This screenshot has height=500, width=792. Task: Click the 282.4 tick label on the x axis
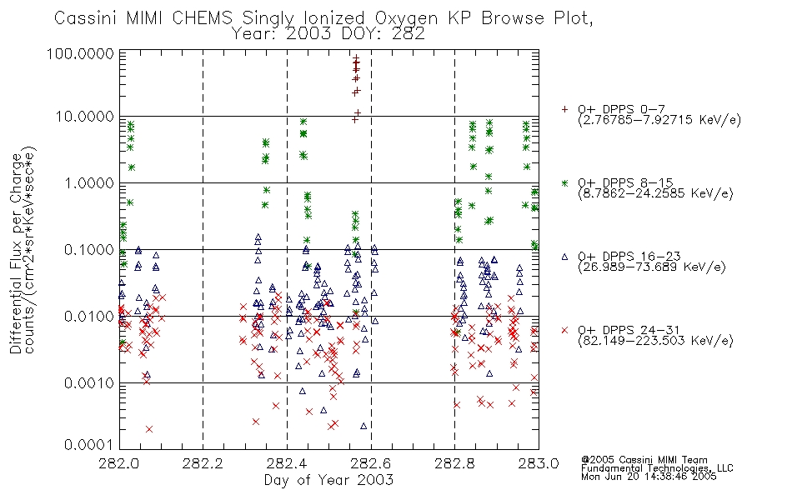coord(287,463)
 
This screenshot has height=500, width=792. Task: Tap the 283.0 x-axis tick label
coord(539,463)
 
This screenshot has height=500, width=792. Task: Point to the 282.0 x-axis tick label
coord(119,463)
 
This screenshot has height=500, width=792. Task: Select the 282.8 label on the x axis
coord(454,463)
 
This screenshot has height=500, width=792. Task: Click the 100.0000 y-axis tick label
coord(80,53)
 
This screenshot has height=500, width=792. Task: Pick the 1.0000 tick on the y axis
coord(89,182)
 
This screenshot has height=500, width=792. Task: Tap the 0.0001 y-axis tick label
coord(89,444)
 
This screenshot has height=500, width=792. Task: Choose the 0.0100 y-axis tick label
coord(89,317)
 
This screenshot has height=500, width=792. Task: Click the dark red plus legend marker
coord(564,109)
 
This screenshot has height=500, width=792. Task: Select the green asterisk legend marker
coord(564,182)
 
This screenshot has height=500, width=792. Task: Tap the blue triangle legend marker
coord(564,257)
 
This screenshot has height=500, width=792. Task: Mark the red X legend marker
coord(564,330)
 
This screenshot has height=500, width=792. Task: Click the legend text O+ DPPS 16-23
coord(629,257)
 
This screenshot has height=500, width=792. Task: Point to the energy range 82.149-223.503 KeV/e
coord(655,341)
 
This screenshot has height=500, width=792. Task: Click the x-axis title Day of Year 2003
coord(328,480)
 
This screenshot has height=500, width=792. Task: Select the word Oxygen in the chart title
coord(406,18)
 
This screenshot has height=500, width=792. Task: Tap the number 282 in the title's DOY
coord(409,34)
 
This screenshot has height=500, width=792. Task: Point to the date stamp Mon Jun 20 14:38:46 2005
coord(649,477)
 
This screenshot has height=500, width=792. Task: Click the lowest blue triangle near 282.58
coord(363,427)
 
